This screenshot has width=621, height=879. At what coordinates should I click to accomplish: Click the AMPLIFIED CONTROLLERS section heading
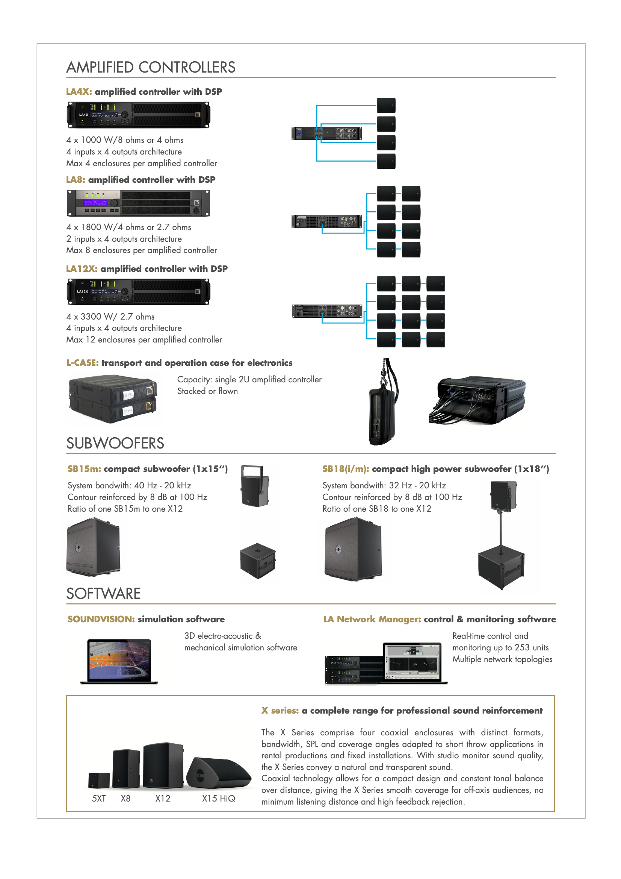click(x=151, y=67)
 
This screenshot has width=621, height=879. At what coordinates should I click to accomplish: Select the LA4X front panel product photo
click(x=139, y=115)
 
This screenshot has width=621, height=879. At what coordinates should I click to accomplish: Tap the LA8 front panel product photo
click(x=139, y=203)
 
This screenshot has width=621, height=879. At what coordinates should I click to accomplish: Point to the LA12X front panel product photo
click(x=139, y=292)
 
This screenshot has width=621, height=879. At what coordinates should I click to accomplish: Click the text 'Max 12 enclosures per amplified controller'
click(x=144, y=339)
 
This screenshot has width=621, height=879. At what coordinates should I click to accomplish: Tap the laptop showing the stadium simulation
click(x=119, y=661)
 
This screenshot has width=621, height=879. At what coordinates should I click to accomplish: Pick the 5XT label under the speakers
click(x=99, y=798)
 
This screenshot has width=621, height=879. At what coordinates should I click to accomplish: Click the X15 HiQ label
click(x=219, y=798)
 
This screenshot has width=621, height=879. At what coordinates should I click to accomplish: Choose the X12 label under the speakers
click(x=163, y=798)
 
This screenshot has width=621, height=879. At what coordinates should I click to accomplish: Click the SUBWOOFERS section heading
click(x=115, y=443)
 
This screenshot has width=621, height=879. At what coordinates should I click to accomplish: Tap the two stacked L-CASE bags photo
click(x=113, y=399)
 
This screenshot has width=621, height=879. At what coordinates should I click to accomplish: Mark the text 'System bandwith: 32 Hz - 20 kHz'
click(x=384, y=485)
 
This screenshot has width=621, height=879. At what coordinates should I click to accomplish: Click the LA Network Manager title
click(x=372, y=619)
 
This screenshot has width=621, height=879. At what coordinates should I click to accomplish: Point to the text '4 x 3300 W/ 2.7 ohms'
click(x=110, y=317)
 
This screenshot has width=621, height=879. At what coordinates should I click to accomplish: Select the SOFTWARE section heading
click(x=104, y=594)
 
